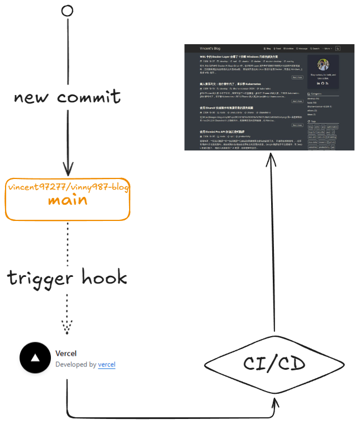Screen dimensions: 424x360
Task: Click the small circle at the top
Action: click(x=67, y=11)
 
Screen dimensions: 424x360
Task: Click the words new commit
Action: click(x=67, y=97)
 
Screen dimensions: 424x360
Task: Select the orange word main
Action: click(x=67, y=200)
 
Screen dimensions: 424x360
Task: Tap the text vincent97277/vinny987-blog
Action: click(x=68, y=187)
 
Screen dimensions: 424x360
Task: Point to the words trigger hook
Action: click(x=67, y=277)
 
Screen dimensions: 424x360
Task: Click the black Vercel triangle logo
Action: click(x=35, y=359)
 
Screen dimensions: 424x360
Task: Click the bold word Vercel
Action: click(x=66, y=353)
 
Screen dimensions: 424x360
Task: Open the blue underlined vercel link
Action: click(x=107, y=364)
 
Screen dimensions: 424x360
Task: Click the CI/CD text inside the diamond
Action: click(x=274, y=364)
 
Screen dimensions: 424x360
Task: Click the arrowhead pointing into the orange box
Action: click(x=68, y=169)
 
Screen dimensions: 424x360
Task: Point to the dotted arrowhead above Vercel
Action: click(x=67, y=326)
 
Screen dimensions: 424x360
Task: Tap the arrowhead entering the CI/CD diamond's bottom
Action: click(x=274, y=404)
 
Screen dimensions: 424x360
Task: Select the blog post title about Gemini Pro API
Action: click(x=224, y=131)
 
